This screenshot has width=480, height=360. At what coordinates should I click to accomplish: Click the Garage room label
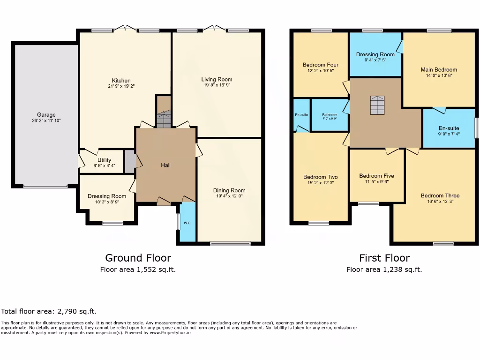tap(46, 114)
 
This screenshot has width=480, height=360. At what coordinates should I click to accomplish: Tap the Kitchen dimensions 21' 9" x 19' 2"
tap(121, 87)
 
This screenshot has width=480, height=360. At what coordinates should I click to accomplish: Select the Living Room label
tap(217, 79)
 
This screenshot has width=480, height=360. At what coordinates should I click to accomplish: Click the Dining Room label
tap(229, 190)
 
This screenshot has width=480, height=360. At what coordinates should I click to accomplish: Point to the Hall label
tap(165, 165)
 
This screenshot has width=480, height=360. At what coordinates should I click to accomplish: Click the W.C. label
tap(187, 223)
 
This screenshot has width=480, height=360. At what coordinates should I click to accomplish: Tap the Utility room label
tap(104, 160)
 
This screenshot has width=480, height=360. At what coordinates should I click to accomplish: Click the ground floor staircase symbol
tap(163, 120)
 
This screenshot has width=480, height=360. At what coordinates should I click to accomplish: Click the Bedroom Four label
tap(320, 65)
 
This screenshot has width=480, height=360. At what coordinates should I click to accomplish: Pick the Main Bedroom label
tap(438, 69)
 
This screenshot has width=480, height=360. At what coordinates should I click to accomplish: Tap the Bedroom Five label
tap(376, 176)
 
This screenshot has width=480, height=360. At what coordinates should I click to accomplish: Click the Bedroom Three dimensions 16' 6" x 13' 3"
tap(440, 202)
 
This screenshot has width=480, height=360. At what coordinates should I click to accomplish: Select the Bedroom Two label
tap(320, 177)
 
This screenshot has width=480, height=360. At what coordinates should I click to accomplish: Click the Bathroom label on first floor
tap(330, 115)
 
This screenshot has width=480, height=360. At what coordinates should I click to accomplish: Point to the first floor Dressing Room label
tap(375, 54)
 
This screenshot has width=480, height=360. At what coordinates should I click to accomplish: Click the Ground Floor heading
tap(138, 258)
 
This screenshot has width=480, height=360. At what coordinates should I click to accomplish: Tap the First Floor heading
tap(384, 258)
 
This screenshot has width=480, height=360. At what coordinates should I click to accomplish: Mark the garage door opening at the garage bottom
tap(45, 187)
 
